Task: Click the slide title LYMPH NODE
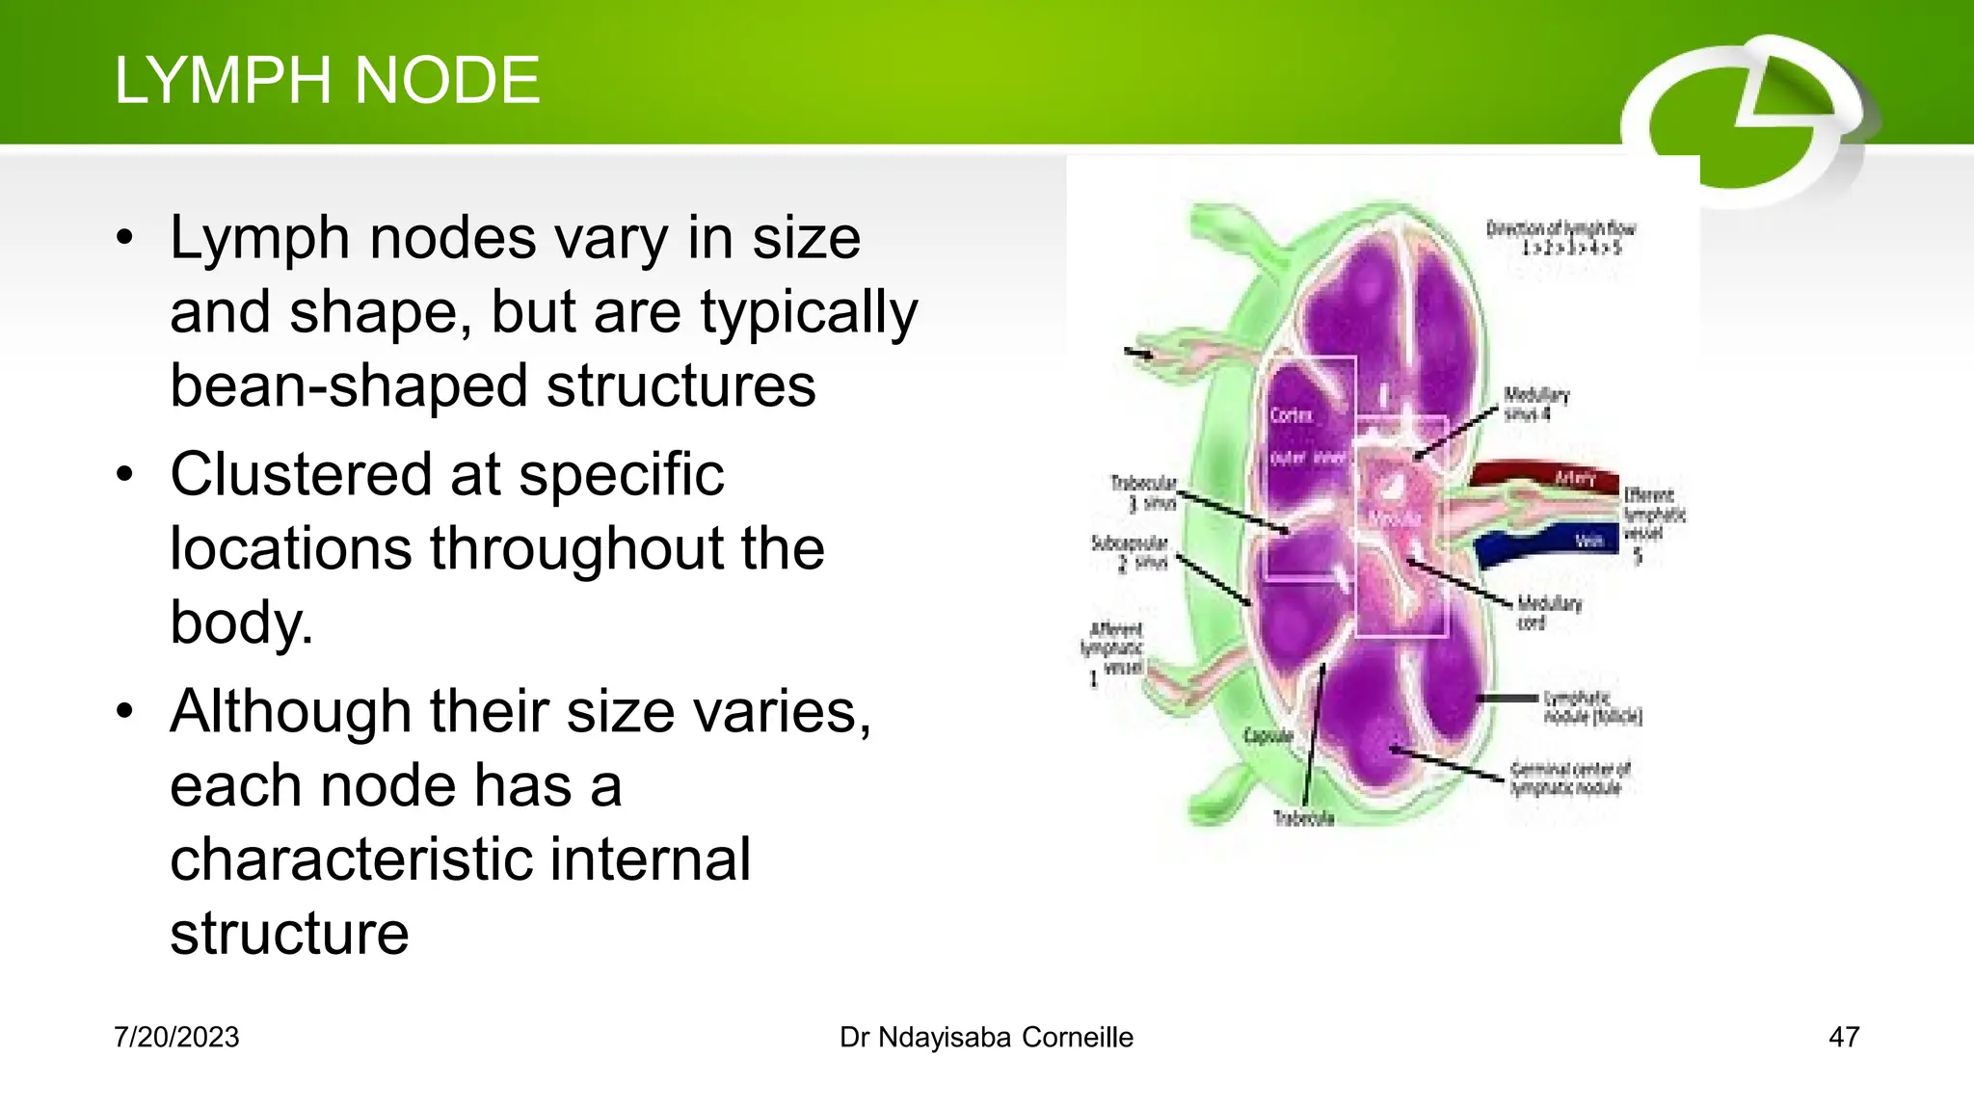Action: tap(327, 80)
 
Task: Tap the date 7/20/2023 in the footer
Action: tap(176, 1037)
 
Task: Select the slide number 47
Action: tap(1843, 1037)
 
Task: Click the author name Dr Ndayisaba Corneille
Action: tap(986, 1037)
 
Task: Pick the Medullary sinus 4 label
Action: tap(1535, 405)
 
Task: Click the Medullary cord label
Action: tap(1549, 612)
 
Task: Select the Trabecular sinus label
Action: tap(1144, 492)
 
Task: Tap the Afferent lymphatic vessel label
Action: tap(1113, 649)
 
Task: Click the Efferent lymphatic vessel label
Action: tap(1653, 515)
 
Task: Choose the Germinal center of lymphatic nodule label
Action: tap(1569, 779)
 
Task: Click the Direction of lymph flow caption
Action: tap(1561, 237)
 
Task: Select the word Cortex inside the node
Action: tap(1292, 415)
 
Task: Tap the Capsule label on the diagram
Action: tap(1267, 736)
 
